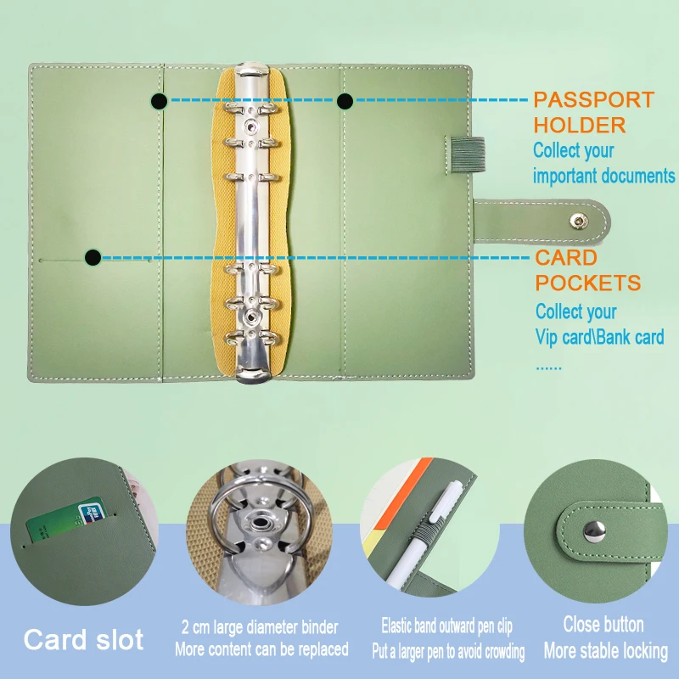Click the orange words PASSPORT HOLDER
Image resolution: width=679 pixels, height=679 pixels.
tap(593, 112)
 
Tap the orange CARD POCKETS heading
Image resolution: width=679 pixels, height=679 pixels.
tap(587, 270)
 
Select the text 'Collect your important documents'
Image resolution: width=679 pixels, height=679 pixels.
tap(603, 164)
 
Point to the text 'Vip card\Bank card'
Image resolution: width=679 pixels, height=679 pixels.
tap(599, 338)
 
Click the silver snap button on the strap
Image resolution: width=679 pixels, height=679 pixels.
tap(577, 221)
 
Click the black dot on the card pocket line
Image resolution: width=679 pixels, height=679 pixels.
tap(93, 256)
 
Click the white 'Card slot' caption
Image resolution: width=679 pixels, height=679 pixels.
tap(83, 639)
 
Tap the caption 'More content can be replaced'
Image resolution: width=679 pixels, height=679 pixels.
tap(261, 649)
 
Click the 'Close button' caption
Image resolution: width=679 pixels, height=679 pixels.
tap(603, 625)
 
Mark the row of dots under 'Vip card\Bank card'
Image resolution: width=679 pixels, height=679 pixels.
tap(548, 368)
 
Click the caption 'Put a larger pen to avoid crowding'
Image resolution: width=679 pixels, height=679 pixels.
tap(447, 652)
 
